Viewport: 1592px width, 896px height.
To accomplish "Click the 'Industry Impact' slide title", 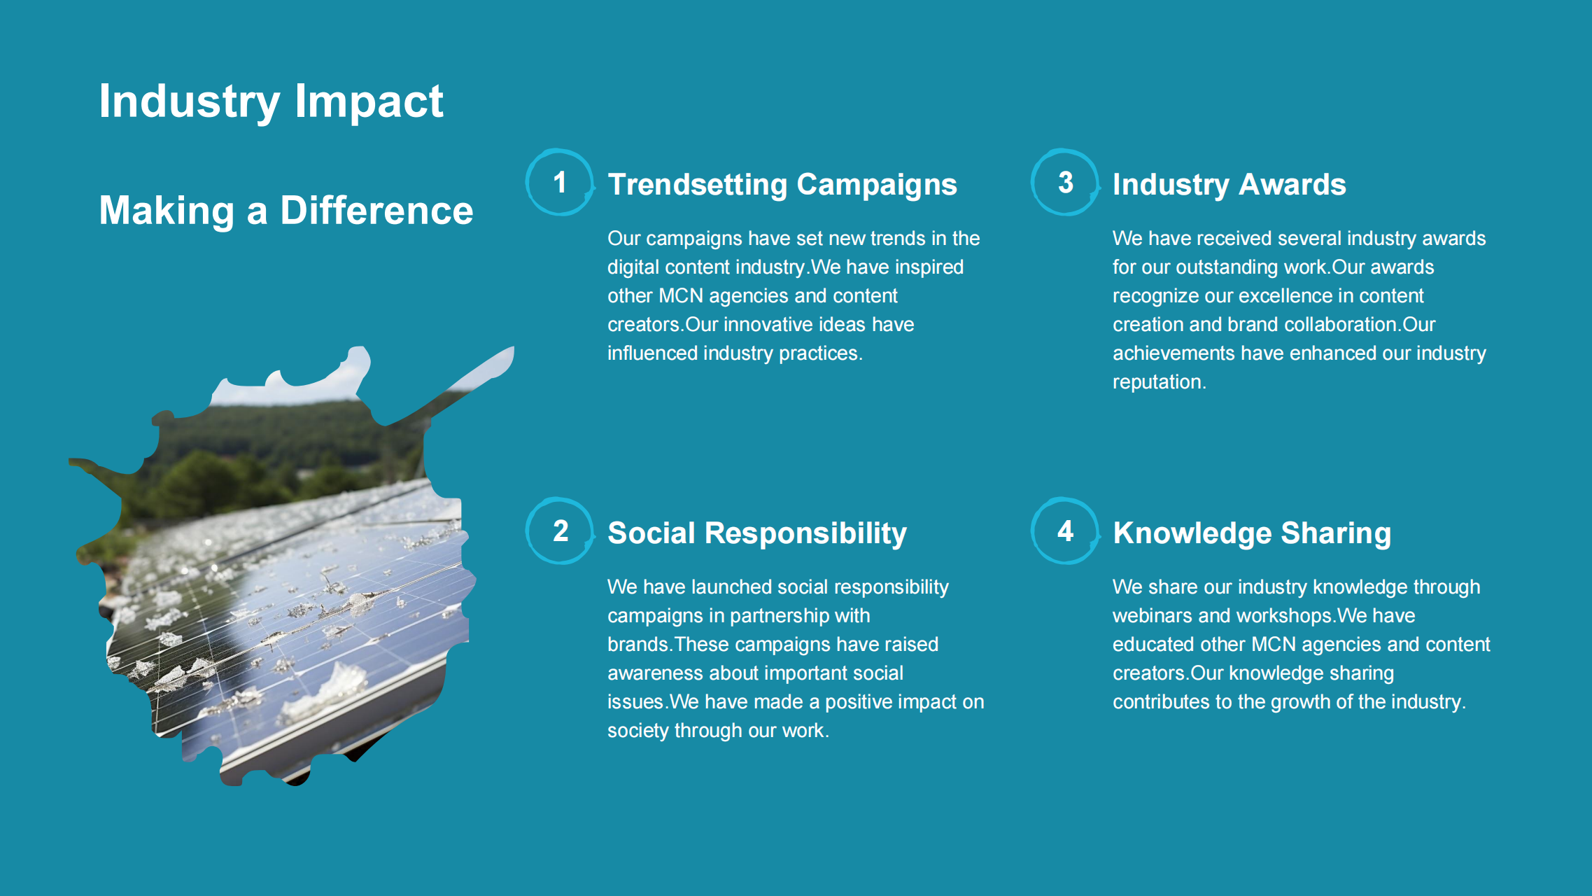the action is point(271,102).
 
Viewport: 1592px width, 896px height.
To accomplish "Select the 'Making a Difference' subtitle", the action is point(286,211).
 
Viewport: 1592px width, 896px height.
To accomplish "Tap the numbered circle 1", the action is point(560,183).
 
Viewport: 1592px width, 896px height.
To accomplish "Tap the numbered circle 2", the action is point(560,531).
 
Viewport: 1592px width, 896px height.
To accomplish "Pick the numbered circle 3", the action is point(1065,183).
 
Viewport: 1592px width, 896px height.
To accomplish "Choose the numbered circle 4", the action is point(1065,531).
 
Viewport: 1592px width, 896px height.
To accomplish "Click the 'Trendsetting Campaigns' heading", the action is point(782,185).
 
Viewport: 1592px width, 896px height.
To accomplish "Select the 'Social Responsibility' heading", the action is point(757,533).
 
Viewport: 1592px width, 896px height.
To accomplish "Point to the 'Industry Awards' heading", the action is point(1230,185).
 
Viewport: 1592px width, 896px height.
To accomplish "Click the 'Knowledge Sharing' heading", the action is point(1252,533).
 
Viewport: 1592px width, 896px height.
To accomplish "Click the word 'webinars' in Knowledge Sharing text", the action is point(1153,616).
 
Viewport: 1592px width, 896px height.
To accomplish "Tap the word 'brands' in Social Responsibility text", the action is point(637,645).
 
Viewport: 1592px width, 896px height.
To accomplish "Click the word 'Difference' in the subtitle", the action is point(376,211).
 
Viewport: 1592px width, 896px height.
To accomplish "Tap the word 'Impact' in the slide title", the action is point(369,102).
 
